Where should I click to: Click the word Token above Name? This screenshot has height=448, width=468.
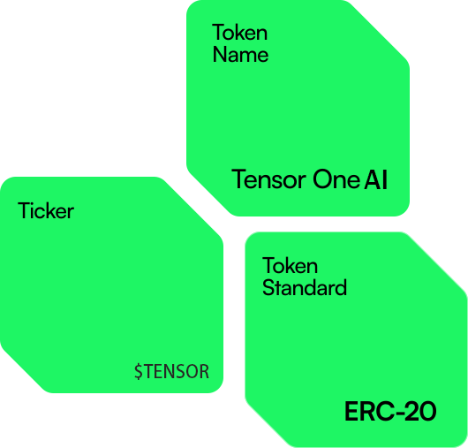pos(239,33)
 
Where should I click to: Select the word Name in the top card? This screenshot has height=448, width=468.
pos(240,55)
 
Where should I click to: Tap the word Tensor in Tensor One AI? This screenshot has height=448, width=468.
pos(269,179)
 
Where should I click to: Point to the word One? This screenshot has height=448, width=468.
pos(336,179)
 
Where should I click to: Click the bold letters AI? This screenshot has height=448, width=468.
pos(376,179)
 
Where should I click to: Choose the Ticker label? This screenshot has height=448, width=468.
pos(46,210)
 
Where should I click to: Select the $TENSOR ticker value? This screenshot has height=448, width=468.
pos(171,371)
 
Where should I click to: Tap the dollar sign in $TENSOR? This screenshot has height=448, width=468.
pos(139,371)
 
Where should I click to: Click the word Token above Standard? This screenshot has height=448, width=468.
pos(290,265)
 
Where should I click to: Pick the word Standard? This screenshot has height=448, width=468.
pos(305,287)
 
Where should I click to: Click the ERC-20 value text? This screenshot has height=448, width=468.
pos(390,411)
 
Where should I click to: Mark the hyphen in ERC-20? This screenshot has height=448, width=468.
pos(395,413)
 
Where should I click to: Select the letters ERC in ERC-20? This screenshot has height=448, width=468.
pos(367,411)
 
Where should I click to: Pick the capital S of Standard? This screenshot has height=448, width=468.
pos(268,287)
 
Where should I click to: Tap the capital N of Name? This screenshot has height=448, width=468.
pos(219,55)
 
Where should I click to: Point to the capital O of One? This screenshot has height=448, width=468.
pos(322,179)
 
